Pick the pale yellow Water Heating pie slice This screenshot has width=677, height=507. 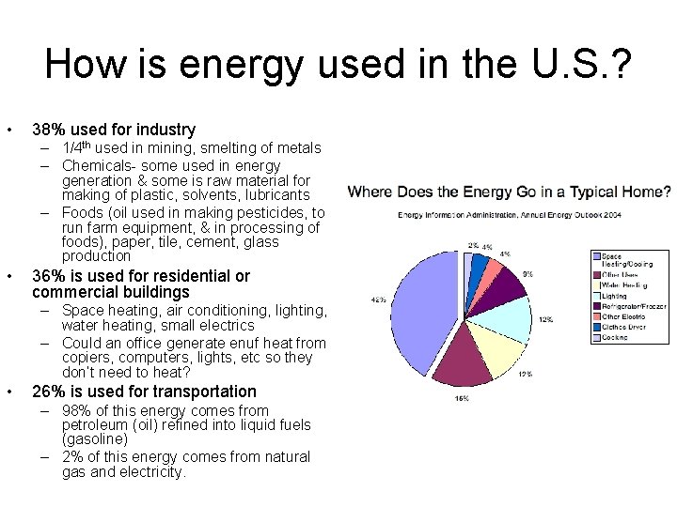(x=498, y=347)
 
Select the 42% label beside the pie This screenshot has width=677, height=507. (x=378, y=300)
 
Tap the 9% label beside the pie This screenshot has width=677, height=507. (x=528, y=274)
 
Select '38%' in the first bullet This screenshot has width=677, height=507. (x=48, y=130)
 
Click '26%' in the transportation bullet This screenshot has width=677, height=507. (x=48, y=392)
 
